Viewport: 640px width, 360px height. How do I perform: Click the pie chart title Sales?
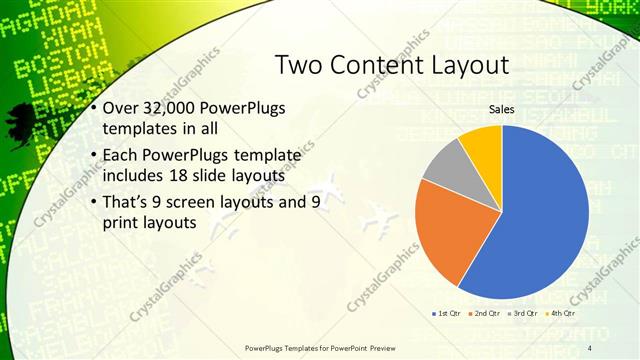click(502, 109)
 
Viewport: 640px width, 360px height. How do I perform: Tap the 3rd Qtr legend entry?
click(526, 314)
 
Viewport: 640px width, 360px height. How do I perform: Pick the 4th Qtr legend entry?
click(564, 314)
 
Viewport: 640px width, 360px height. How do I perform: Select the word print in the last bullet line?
click(122, 223)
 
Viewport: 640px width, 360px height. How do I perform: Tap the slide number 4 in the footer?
click(589, 347)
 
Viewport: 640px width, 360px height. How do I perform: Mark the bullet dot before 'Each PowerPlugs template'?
click(93, 156)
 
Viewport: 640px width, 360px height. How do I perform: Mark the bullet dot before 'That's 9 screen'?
click(93, 202)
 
